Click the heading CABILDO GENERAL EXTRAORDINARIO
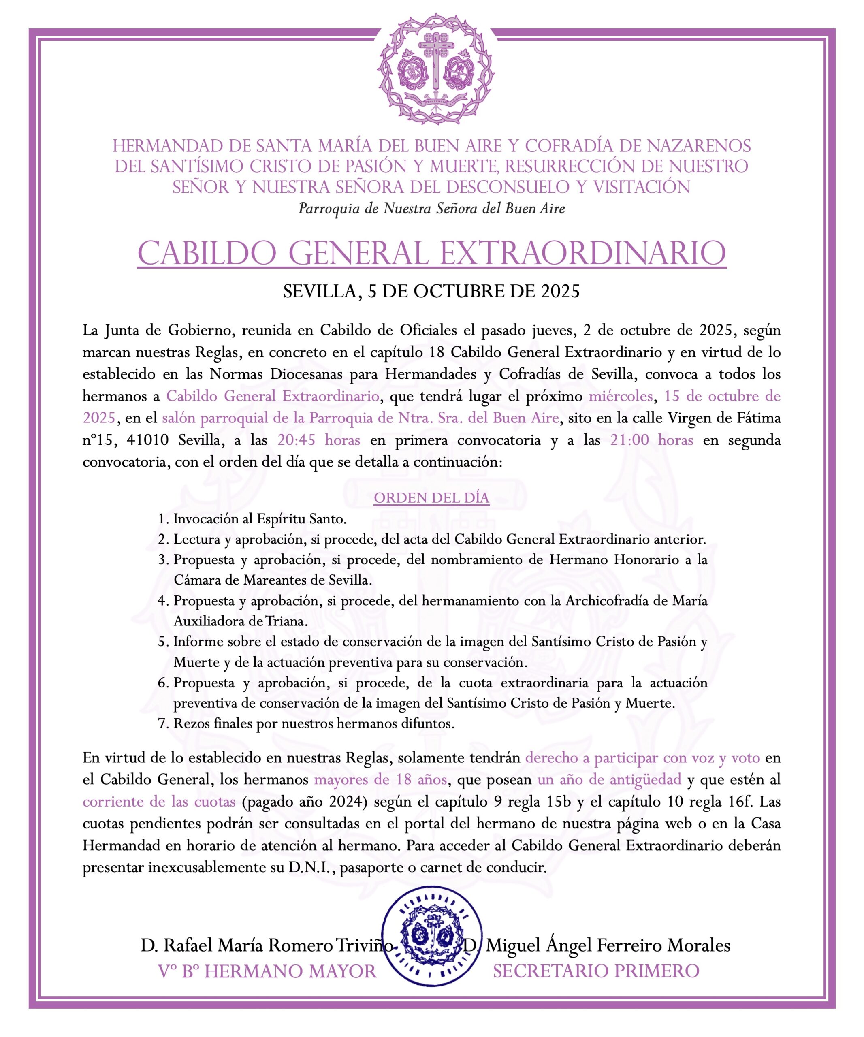coord(431,253)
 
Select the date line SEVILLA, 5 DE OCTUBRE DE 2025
coord(431,291)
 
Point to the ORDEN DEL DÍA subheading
coord(431,498)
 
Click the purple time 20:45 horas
coord(318,440)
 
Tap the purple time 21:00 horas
coord(652,440)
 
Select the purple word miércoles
coord(621,396)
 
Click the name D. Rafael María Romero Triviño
coord(267,945)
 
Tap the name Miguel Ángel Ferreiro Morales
coord(607,945)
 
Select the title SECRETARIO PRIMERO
coord(596,971)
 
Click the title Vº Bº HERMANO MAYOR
coord(267,971)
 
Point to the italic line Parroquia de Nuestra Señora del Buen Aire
coord(431,209)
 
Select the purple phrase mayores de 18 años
coord(381,780)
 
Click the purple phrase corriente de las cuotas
coord(159,802)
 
